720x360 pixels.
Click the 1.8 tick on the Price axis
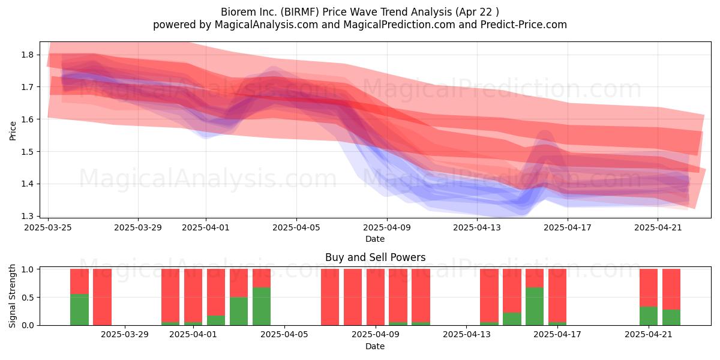click(27, 55)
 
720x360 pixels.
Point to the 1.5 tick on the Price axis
click(27, 152)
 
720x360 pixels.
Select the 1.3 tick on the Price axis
click(27, 217)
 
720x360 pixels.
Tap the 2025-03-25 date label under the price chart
click(48, 227)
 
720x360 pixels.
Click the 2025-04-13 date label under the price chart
click(477, 227)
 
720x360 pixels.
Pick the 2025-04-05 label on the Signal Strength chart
click(284, 335)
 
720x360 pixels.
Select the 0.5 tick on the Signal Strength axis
click(27, 298)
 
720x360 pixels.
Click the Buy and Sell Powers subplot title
click(375, 257)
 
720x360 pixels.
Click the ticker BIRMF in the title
click(300, 12)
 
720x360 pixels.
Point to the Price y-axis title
click(13, 131)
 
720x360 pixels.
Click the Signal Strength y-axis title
click(12, 296)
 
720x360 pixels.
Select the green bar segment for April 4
click(262, 307)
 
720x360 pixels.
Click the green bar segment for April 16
click(535, 307)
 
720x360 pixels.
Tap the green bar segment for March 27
click(79, 310)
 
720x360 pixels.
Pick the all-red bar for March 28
click(102, 297)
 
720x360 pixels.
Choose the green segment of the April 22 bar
click(671, 317)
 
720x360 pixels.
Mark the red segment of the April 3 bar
click(239, 283)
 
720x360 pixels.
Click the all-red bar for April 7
click(330, 297)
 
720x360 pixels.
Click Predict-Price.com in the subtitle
click(524, 25)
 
